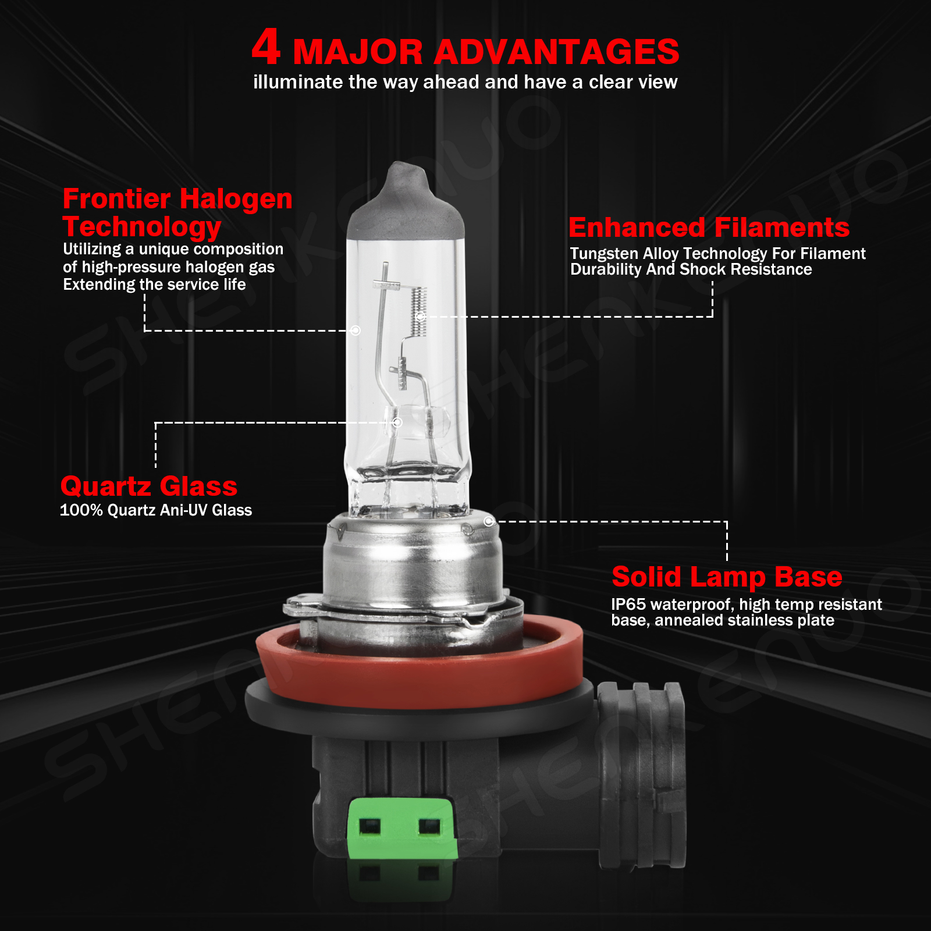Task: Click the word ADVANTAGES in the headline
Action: pos(556,52)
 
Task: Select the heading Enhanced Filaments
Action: pos(709,228)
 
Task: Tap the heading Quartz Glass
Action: pos(149,486)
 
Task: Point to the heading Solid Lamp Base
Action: pos(727,577)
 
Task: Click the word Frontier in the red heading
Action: pos(116,198)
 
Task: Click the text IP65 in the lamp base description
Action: pos(628,604)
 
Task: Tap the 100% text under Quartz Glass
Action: pos(81,510)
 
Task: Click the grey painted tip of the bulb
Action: pos(406,201)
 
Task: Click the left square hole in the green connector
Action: pos(369,826)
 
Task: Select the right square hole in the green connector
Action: pos(429,826)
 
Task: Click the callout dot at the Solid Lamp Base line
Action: pos(489,521)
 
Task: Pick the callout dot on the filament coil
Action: pos(421,317)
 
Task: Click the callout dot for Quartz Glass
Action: pos(397,422)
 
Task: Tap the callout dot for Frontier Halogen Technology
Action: pos(356,331)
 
